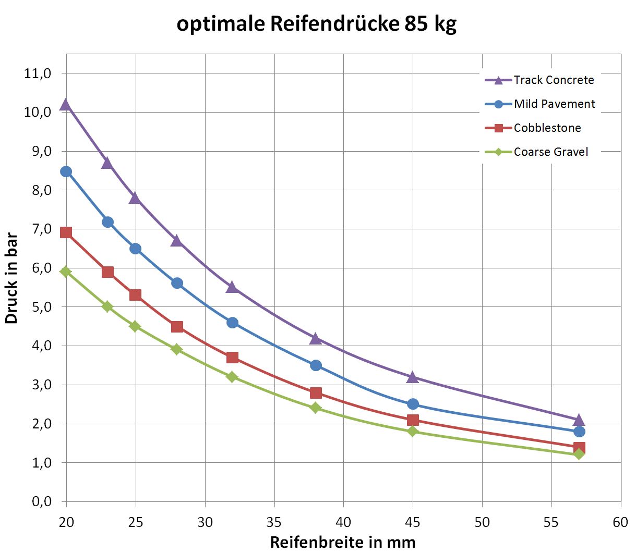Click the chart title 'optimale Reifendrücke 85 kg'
[317, 23]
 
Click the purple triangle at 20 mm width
[66, 105]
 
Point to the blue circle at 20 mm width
[66, 171]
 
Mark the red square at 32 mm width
[232, 358]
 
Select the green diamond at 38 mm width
[316, 408]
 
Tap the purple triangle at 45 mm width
[413, 377]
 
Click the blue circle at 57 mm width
[579, 432]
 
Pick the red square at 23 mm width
[107, 272]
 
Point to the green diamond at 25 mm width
[135, 326]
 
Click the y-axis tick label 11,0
[38, 73]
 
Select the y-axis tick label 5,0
[38, 307]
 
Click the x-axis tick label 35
[274, 522]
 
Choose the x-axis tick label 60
[620, 522]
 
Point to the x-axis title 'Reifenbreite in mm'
[343, 542]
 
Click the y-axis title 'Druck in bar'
[12, 279]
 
